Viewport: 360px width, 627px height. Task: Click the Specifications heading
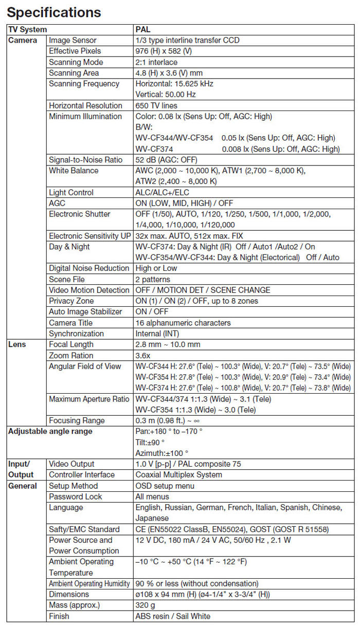click(54, 12)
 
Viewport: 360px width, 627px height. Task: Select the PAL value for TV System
click(143, 30)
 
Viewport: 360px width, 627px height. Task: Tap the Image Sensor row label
click(73, 40)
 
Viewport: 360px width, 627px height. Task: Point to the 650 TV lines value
click(156, 105)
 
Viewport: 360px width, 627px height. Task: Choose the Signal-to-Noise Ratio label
click(85, 160)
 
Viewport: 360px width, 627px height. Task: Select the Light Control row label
click(71, 192)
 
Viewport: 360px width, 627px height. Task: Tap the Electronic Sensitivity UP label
click(89, 236)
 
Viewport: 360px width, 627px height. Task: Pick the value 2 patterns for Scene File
click(152, 279)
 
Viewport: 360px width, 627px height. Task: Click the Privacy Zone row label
click(71, 301)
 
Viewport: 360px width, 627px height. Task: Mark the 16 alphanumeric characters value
click(183, 323)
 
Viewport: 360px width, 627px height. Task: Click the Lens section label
click(17, 344)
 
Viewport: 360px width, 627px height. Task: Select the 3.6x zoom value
click(142, 355)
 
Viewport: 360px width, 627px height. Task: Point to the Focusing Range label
click(77, 420)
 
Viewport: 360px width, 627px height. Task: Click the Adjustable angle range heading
click(50, 431)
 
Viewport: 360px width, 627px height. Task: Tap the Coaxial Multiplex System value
click(178, 474)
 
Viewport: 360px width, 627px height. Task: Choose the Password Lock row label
click(76, 496)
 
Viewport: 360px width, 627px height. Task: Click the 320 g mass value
click(145, 605)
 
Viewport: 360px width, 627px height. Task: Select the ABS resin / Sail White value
click(173, 616)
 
